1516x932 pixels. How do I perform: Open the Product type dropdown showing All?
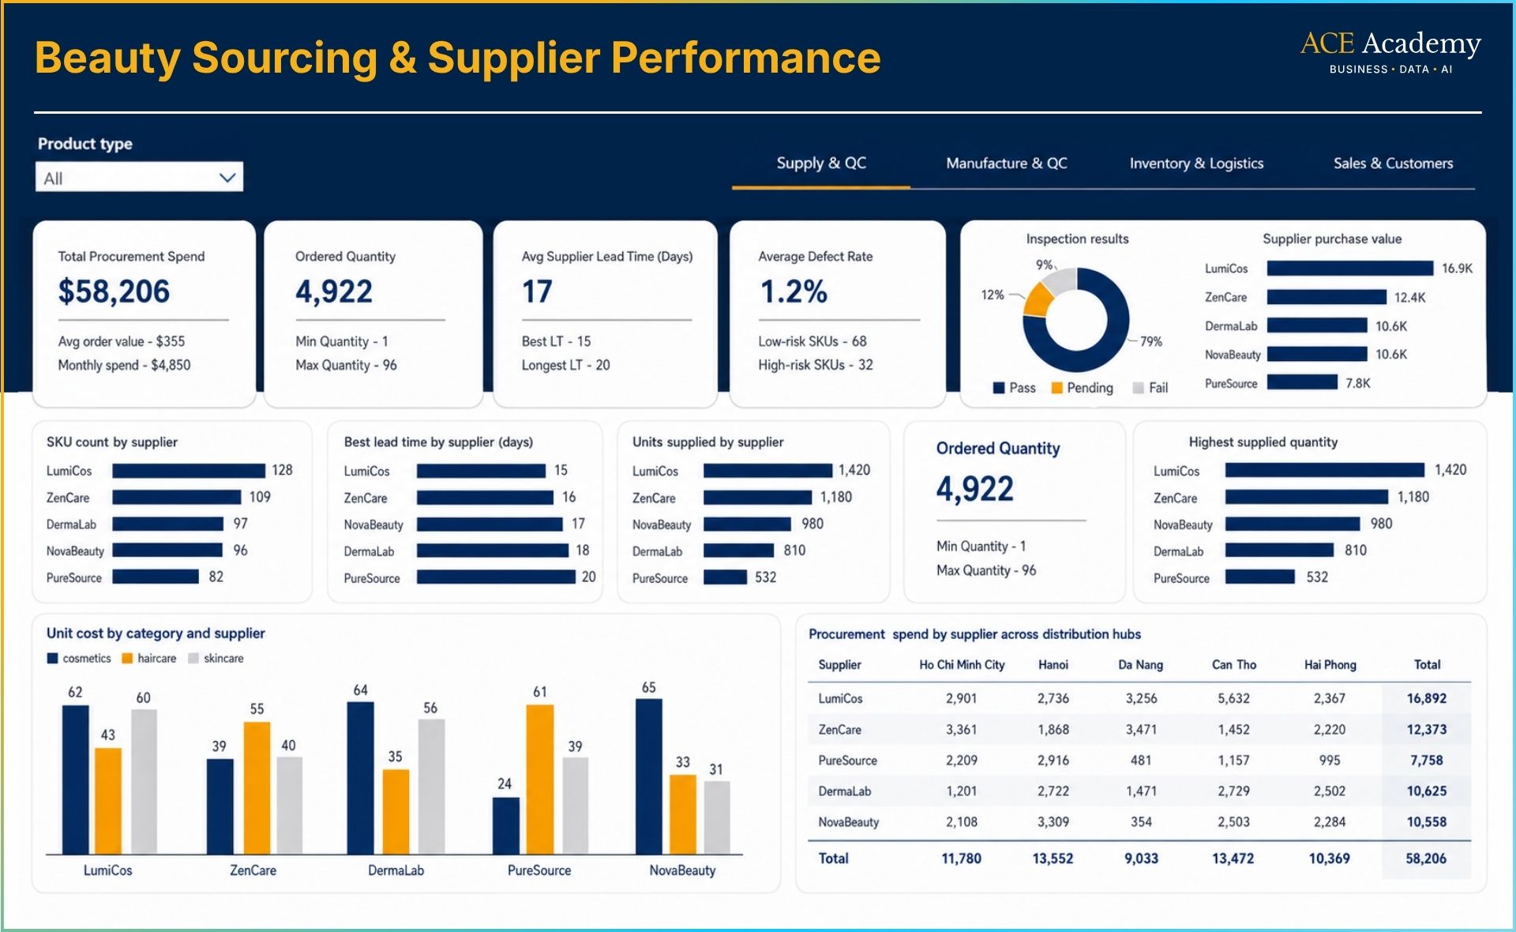pyautogui.click(x=139, y=177)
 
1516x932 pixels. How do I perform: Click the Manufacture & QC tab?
pyautogui.click(x=1007, y=163)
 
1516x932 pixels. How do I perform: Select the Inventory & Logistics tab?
pyautogui.click(x=1196, y=163)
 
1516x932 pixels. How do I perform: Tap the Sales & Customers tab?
pyautogui.click(x=1393, y=163)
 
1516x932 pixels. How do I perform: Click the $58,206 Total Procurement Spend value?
pyautogui.click(x=114, y=291)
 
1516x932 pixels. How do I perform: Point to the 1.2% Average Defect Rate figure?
pyautogui.click(x=793, y=291)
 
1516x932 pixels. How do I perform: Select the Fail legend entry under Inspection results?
pyautogui.click(x=1150, y=388)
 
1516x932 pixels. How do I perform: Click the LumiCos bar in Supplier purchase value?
pyautogui.click(x=1350, y=269)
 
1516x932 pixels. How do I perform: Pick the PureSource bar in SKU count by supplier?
pyautogui.click(x=156, y=577)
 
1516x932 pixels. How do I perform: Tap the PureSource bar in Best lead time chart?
pyautogui.click(x=496, y=577)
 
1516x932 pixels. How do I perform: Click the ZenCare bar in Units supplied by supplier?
pyautogui.click(x=757, y=498)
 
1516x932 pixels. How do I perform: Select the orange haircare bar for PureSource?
pyautogui.click(x=539, y=780)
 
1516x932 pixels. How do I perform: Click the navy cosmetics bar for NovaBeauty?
pyautogui.click(x=649, y=776)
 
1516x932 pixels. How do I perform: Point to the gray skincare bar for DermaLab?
pyautogui.click(x=431, y=787)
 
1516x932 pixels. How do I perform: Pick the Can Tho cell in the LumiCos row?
pyautogui.click(x=1233, y=698)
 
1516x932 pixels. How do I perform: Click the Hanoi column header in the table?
pyautogui.click(x=1053, y=665)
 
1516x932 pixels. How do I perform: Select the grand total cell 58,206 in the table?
pyautogui.click(x=1426, y=859)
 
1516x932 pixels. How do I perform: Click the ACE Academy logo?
pyautogui.click(x=1390, y=52)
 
